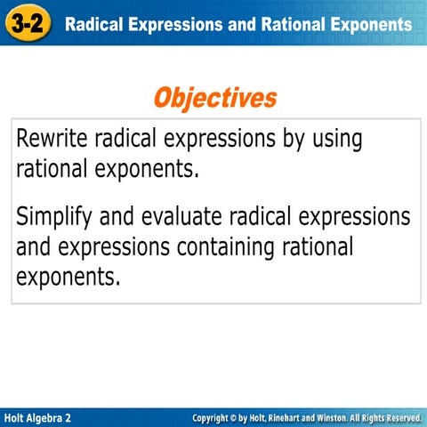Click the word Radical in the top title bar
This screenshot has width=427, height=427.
(x=97, y=24)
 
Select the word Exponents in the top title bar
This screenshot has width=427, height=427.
(x=367, y=24)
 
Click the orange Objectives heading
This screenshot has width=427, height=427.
(x=214, y=97)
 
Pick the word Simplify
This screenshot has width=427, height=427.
(x=56, y=216)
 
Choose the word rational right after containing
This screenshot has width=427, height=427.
(x=311, y=246)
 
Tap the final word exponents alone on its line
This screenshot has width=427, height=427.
(x=66, y=277)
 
